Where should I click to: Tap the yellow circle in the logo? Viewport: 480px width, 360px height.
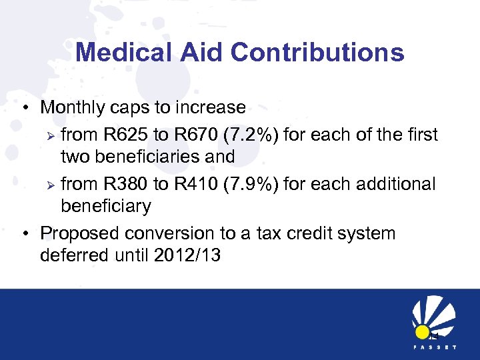[422, 331]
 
